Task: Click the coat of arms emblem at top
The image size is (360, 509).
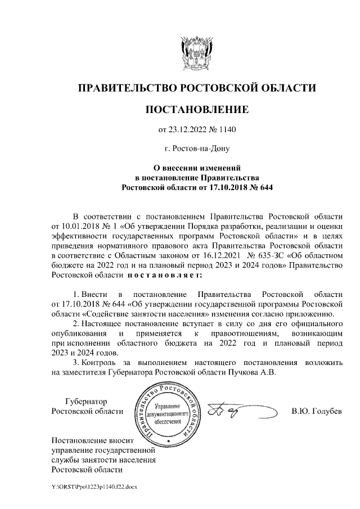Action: point(196,53)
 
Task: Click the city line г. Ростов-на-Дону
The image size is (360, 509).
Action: point(196,149)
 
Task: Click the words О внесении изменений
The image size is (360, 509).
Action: point(197,168)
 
